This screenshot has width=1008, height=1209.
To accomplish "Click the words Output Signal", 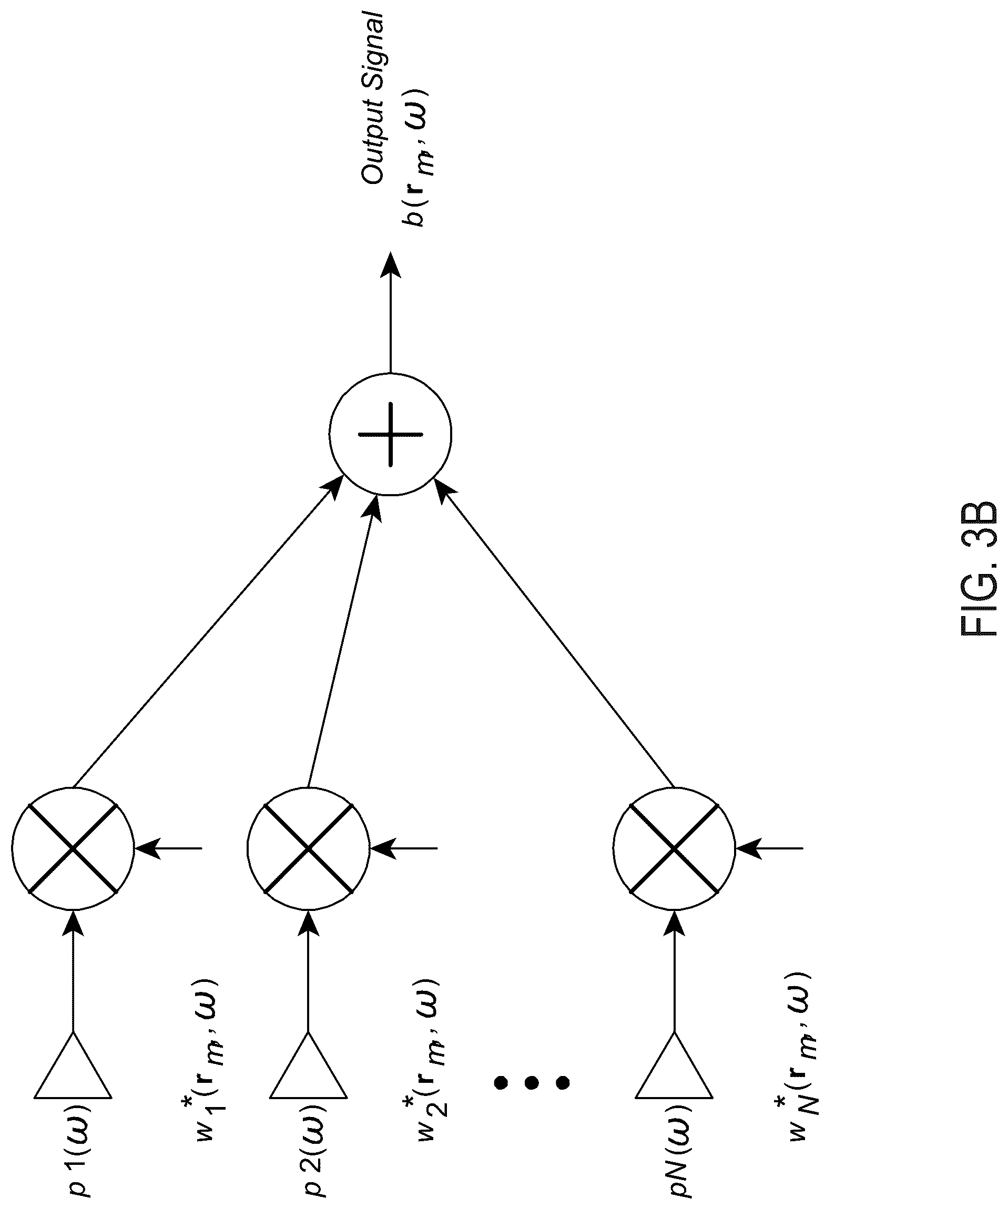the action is (373, 99).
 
